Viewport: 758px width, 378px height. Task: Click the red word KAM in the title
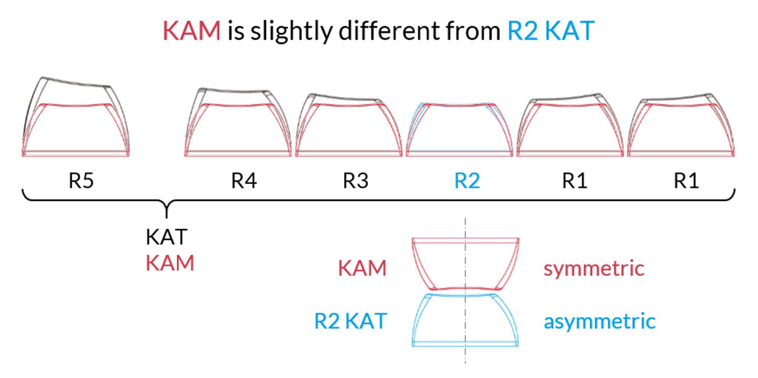point(192,30)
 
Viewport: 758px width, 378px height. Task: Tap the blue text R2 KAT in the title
point(551,30)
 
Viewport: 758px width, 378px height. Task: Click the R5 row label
point(81,181)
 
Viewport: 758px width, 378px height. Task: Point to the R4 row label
point(244,181)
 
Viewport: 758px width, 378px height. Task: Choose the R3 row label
point(356,181)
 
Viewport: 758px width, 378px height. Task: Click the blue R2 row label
point(467,181)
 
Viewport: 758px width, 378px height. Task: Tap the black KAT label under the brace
point(167,237)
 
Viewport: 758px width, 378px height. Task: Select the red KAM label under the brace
point(170,263)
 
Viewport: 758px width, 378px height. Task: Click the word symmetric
point(594,268)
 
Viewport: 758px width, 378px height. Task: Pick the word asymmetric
point(600,321)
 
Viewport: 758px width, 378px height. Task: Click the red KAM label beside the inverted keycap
point(362,268)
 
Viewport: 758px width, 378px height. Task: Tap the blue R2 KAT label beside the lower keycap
point(351,321)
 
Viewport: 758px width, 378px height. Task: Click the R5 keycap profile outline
point(76,117)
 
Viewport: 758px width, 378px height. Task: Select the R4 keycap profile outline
point(238,122)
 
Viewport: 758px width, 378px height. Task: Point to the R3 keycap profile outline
point(349,125)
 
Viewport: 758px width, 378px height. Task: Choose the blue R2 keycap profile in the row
point(459,130)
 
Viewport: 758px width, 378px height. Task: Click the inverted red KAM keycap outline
point(466,264)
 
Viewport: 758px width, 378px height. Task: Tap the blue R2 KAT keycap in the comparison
point(465,320)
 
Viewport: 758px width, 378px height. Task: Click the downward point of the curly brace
point(167,217)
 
